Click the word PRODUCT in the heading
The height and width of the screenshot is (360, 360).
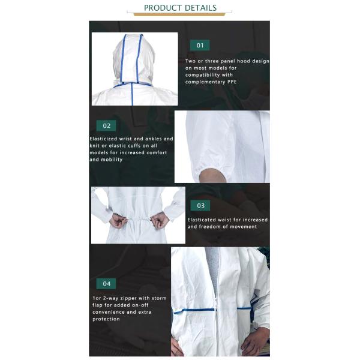[x=162, y=8]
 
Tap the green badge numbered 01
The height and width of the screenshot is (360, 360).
[x=200, y=45]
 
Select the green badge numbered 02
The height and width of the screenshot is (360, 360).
[x=106, y=126]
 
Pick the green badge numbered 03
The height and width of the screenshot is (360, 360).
[x=200, y=205]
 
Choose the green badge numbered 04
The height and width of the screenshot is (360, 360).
[x=106, y=284]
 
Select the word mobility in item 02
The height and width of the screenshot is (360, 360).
[x=112, y=160]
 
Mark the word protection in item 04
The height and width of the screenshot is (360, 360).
[x=105, y=319]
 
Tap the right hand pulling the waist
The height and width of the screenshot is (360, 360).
[x=160, y=222]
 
